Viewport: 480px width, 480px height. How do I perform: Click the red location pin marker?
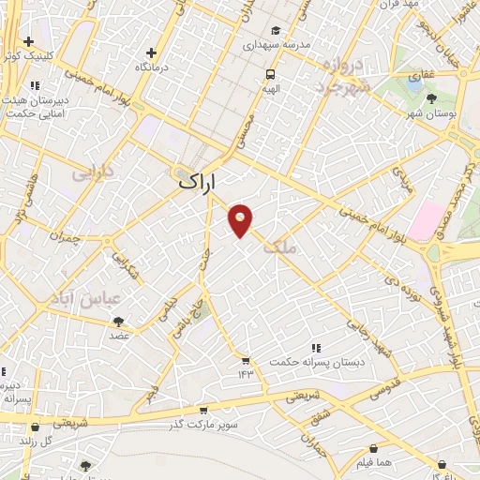pyautogui.click(x=241, y=219)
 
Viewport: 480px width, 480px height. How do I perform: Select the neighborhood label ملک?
pyautogui.click(x=280, y=247)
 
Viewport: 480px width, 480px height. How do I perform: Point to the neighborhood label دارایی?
pyautogui.click(x=92, y=173)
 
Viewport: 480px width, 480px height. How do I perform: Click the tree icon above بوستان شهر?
pyautogui.click(x=431, y=98)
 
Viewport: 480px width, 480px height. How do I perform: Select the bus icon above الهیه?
pyautogui.click(x=270, y=74)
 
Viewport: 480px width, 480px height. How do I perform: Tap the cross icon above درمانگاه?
pyautogui.click(x=151, y=52)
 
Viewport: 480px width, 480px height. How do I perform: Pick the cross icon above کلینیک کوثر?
pyautogui.click(x=29, y=42)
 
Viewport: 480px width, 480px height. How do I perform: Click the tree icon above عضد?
pyautogui.click(x=118, y=321)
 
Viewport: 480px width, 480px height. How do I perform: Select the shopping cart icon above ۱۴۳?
pyautogui.click(x=246, y=361)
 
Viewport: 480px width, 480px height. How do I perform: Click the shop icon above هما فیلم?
pyautogui.click(x=374, y=449)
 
